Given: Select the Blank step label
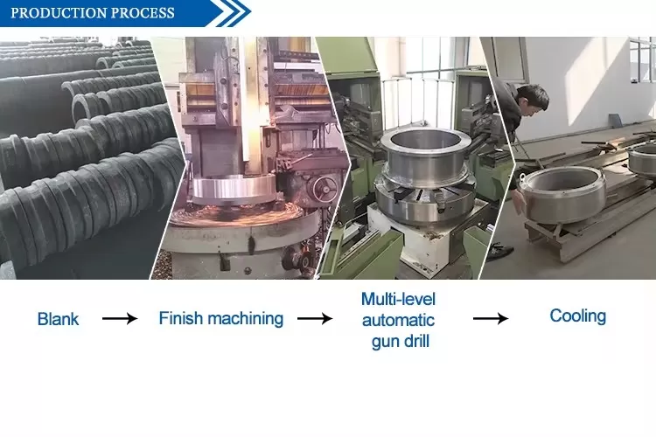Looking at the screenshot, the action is pyautogui.click(x=58, y=319).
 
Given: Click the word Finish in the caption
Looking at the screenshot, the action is pyautogui.click(x=180, y=318).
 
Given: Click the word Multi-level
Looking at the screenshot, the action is pyautogui.click(x=398, y=299).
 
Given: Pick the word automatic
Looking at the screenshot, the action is pyautogui.click(x=398, y=321).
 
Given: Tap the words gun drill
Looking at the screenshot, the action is pyautogui.click(x=401, y=342).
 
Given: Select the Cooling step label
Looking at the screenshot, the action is pyautogui.click(x=578, y=316).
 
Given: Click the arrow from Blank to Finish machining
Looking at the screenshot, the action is pyautogui.click(x=120, y=319).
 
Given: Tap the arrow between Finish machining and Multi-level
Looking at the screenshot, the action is pyautogui.click(x=315, y=319).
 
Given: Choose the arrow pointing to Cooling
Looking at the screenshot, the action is pyautogui.click(x=491, y=319).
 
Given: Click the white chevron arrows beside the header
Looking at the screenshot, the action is pyautogui.click(x=232, y=12).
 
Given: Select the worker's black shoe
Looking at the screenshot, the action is pyautogui.click(x=500, y=252).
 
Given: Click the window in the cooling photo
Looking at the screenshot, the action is pyautogui.click(x=643, y=59).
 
